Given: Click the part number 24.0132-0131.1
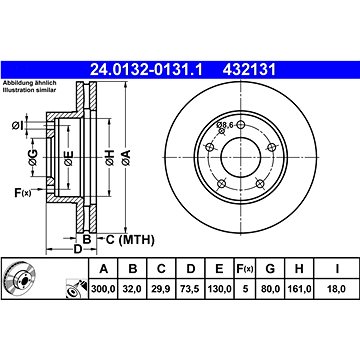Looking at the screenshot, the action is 146,70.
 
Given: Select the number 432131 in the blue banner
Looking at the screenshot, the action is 250,70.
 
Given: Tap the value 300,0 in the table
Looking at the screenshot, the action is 103,289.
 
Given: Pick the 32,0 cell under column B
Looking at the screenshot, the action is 133,289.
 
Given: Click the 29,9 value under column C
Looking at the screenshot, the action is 161,289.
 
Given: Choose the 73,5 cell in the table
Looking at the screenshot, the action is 190,289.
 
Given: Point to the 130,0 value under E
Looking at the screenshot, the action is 219,289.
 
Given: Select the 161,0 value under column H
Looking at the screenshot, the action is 299,289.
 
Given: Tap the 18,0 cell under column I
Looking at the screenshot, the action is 336,289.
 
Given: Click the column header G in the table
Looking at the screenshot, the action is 270,268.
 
